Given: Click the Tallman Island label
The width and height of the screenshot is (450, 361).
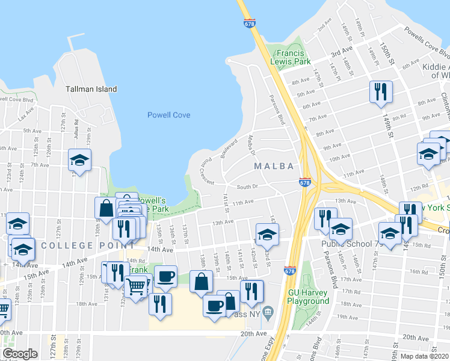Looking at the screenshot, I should coord(91,89).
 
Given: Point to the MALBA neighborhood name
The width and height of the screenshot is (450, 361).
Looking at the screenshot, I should coord(274,166).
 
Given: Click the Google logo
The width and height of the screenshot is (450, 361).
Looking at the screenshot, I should coord(20,354).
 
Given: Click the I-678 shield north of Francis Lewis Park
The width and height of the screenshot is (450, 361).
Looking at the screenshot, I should coord(250,23).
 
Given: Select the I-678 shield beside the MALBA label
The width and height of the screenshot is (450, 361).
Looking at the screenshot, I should coord(305,182).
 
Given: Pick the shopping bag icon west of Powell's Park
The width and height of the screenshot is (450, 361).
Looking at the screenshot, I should coord(106,208).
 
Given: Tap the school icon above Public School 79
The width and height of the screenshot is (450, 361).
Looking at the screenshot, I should coord(341,228).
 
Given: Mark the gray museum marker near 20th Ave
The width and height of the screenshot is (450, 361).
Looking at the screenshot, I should coord(268,311).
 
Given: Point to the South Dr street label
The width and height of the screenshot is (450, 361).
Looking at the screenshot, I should coord(247,187).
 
